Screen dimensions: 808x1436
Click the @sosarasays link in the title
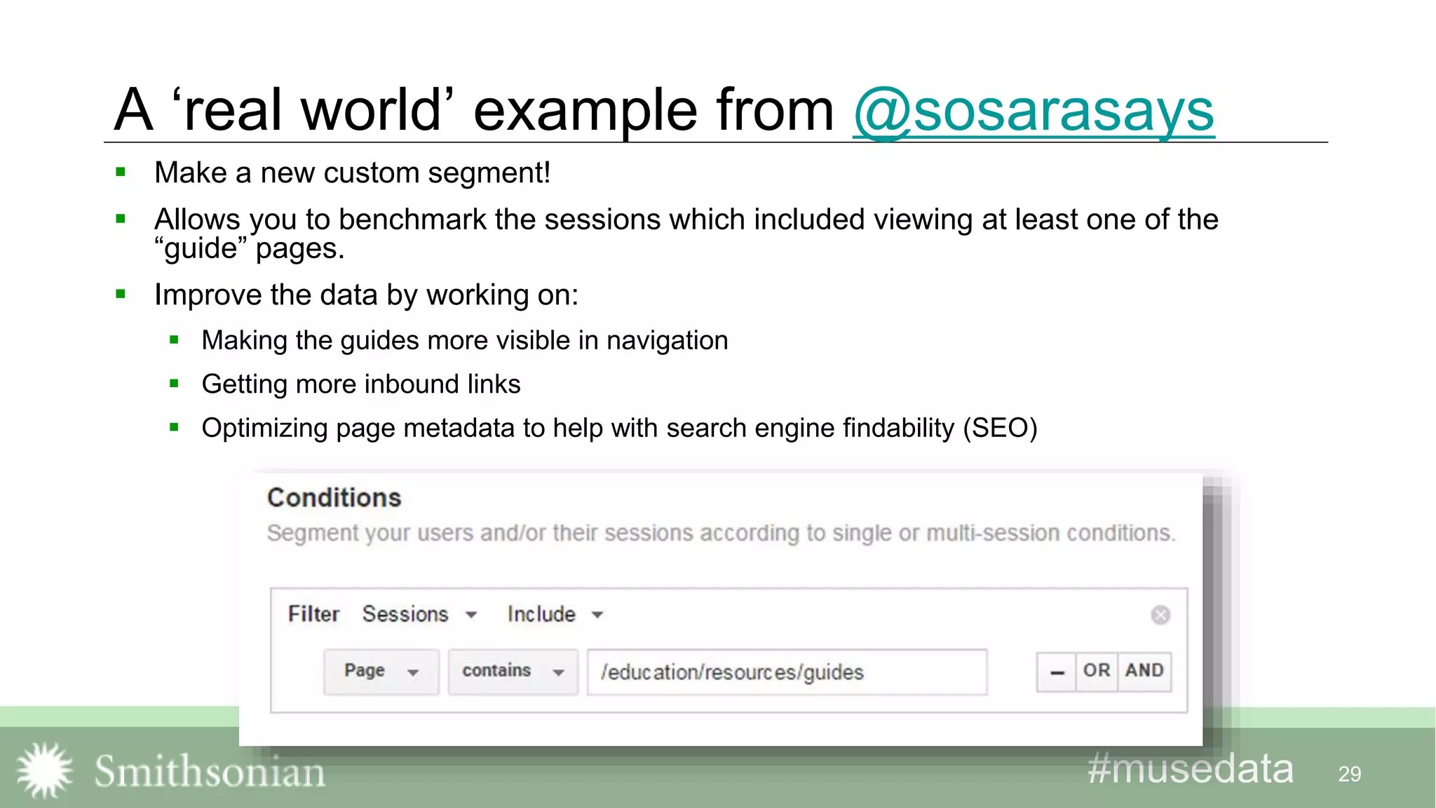point(1034,111)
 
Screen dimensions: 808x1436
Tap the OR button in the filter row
point(1097,671)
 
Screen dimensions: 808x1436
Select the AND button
point(1144,671)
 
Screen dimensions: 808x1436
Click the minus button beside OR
point(1057,672)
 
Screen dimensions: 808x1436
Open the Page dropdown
point(381,671)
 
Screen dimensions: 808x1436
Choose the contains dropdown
point(513,671)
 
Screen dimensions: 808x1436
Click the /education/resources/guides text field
point(786,672)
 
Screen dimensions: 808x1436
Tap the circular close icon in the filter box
point(1160,615)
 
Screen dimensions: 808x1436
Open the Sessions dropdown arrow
point(471,615)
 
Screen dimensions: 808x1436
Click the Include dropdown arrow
point(597,615)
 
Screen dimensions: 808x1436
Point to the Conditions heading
point(334,498)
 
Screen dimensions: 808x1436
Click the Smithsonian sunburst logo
point(45,770)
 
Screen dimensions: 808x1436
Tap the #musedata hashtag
point(1190,769)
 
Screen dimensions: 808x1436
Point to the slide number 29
point(1349,774)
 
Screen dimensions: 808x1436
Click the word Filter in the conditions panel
point(313,614)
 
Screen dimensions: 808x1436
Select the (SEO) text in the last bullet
point(1000,428)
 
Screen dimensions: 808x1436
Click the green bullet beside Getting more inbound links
point(175,384)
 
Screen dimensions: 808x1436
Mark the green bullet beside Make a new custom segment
point(121,172)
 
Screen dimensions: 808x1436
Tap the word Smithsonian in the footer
point(210,772)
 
